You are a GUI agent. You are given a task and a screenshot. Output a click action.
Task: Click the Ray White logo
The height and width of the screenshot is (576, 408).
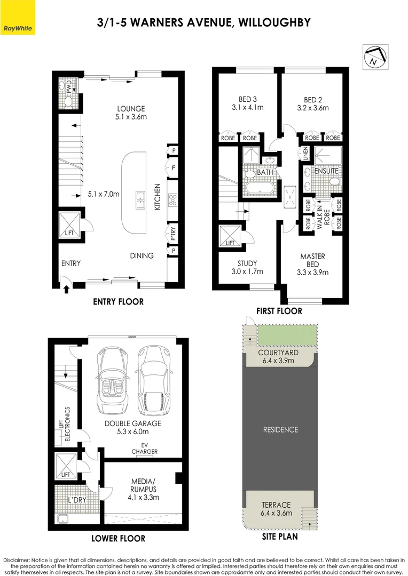point(17,17)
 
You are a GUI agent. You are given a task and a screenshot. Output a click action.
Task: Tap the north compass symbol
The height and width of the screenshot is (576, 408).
point(375,57)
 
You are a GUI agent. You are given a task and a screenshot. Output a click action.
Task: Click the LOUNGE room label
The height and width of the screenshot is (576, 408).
point(131,109)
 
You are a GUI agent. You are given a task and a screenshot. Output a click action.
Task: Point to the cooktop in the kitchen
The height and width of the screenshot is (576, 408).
point(172,200)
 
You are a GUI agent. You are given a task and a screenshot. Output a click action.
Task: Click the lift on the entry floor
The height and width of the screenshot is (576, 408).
point(69,225)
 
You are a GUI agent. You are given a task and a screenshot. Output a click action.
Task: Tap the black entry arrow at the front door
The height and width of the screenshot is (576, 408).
point(66,289)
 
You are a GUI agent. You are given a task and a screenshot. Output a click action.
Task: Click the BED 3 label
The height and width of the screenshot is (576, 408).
point(248,99)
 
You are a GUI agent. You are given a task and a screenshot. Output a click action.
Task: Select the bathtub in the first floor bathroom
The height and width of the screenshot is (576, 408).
point(260,188)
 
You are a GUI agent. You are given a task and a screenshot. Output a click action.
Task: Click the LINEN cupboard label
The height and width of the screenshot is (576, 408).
point(305,153)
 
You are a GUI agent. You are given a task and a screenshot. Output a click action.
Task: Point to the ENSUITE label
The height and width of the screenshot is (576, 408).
point(326,171)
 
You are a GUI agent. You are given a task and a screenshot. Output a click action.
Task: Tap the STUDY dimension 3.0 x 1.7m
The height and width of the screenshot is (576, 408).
point(247,271)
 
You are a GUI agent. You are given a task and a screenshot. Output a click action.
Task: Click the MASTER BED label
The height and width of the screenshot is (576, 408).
point(313,260)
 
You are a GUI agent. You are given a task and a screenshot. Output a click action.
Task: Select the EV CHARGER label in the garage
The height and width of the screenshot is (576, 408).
point(145,448)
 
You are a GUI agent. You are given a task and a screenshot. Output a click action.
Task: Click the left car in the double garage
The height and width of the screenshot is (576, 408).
point(111,381)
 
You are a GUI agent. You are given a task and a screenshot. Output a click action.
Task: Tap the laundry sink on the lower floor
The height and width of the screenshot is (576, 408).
point(62,519)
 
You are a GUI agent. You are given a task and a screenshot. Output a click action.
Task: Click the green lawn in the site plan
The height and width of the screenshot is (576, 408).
point(287,335)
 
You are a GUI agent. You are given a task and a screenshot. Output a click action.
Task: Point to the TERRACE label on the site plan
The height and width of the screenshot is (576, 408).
point(276,505)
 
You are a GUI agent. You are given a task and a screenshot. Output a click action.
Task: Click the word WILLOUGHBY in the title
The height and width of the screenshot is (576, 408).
point(274,22)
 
